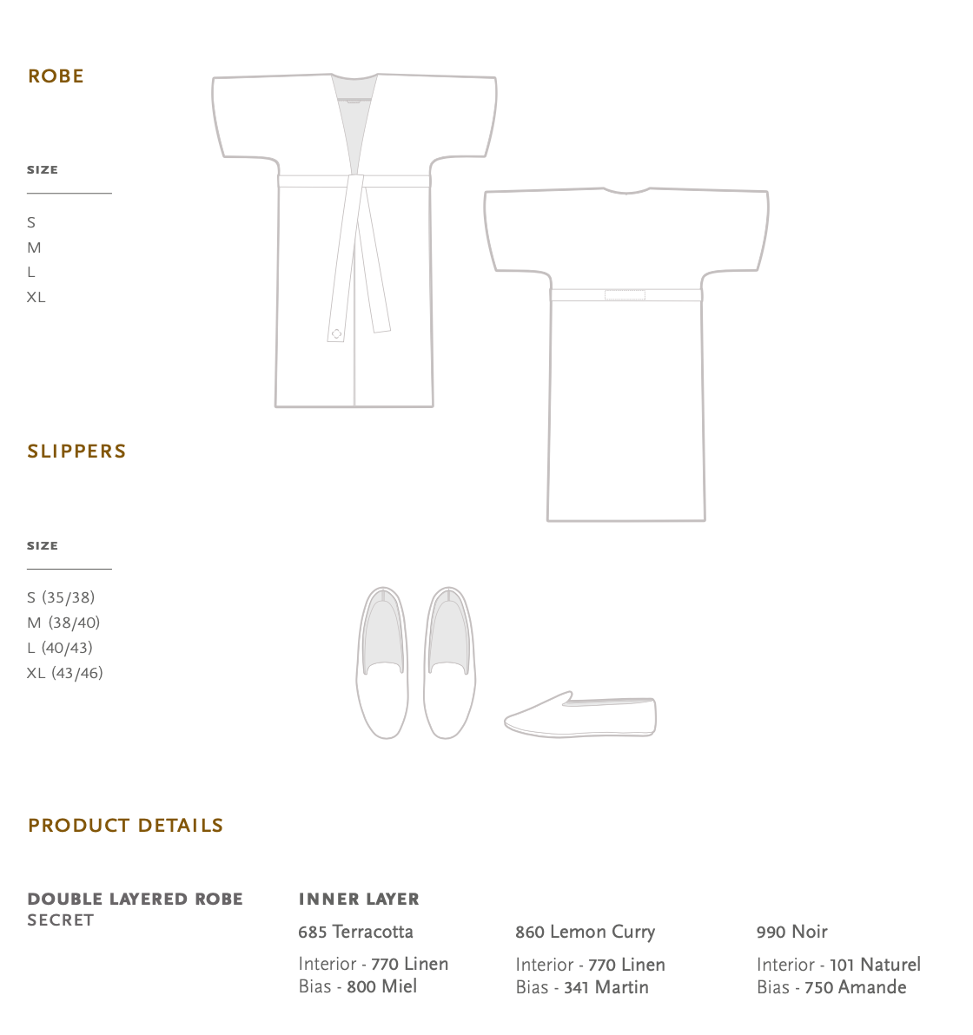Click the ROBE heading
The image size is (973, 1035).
[56, 76]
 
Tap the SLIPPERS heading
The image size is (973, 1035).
[76, 452]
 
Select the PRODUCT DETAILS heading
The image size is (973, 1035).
[125, 826]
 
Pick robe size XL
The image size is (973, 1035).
[36, 297]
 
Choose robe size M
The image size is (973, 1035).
[34, 247]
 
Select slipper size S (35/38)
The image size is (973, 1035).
[61, 597]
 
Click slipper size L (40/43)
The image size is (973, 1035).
[59, 648]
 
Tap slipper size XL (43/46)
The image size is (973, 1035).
[64, 673]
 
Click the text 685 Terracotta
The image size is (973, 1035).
[355, 932]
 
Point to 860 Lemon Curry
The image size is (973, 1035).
[585, 932]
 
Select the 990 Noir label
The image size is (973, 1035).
[791, 932]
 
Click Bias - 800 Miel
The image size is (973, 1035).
[357, 986]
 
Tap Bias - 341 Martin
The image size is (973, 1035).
[581, 987]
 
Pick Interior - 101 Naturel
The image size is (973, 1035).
[838, 965]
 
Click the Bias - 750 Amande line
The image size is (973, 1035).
[831, 987]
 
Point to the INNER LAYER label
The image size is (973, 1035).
[358, 900]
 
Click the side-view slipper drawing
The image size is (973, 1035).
[580, 715]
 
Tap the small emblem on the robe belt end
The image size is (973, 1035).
[337, 333]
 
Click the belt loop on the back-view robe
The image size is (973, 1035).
[625, 295]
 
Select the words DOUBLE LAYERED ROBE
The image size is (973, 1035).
[135, 900]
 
